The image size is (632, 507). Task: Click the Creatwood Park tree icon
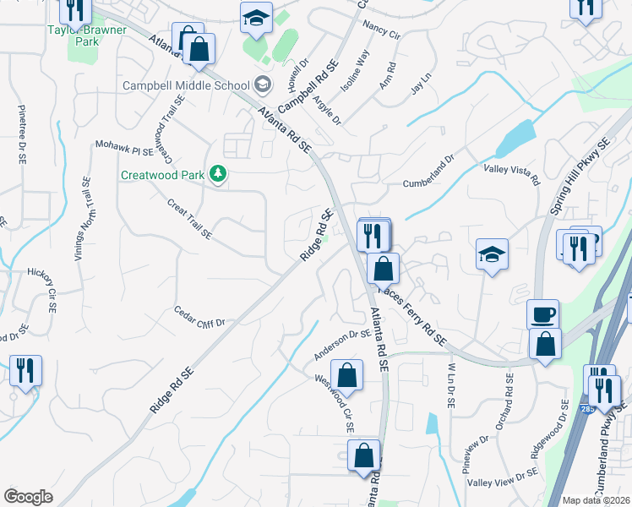218,174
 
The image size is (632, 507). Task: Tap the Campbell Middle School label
186,85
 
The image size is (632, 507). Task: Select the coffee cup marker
542,314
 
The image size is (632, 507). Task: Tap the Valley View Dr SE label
503,477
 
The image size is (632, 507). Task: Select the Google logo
28,497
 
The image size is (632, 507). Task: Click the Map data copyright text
597,500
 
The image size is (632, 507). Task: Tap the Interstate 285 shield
587,409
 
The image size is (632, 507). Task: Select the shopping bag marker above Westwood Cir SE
346,373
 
